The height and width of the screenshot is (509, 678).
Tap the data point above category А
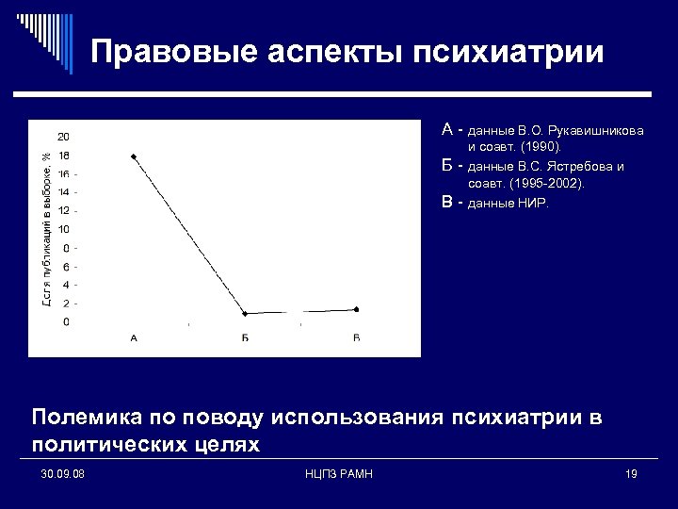pyautogui.click(x=134, y=156)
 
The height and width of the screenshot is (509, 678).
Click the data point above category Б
pyautogui.click(x=245, y=313)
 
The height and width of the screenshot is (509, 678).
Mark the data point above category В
pyautogui.click(x=356, y=309)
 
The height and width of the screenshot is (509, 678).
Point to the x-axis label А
pyautogui.click(x=134, y=337)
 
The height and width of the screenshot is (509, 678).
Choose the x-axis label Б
pyautogui.click(x=245, y=337)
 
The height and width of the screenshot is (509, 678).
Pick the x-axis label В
pyautogui.click(x=356, y=337)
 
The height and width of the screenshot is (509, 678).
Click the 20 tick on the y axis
pyautogui.click(x=63, y=137)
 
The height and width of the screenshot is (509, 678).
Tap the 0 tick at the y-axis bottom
pyautogui.click(x=65, y=322)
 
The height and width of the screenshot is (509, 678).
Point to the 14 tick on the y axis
pyautogui.click(x=63, y=192)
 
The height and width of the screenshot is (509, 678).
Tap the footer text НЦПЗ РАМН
pyautogui.click(x=340, y=473)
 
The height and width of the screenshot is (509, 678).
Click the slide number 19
pyautogui.click(x=631, y=473)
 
